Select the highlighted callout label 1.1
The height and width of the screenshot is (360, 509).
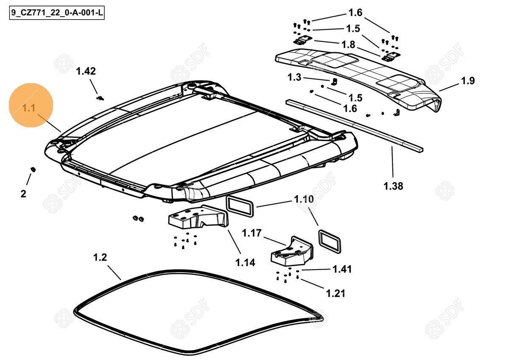29,108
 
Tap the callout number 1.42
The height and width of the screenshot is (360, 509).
86,71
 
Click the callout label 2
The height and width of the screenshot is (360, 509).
23,194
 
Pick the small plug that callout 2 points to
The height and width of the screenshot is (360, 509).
33,170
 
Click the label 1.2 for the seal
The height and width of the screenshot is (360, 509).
100,258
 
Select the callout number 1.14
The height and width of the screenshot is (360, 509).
245,263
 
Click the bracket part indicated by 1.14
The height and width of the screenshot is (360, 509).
197,219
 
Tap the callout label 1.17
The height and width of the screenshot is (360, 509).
252,233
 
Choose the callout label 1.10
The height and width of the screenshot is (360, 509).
304,200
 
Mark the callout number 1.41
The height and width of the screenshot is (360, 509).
342,269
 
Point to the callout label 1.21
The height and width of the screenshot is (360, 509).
336,293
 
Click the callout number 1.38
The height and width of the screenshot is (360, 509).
393,186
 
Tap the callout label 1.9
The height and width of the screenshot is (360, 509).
468,81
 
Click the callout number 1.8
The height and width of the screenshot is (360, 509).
348,45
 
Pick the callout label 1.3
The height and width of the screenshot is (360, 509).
294,77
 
